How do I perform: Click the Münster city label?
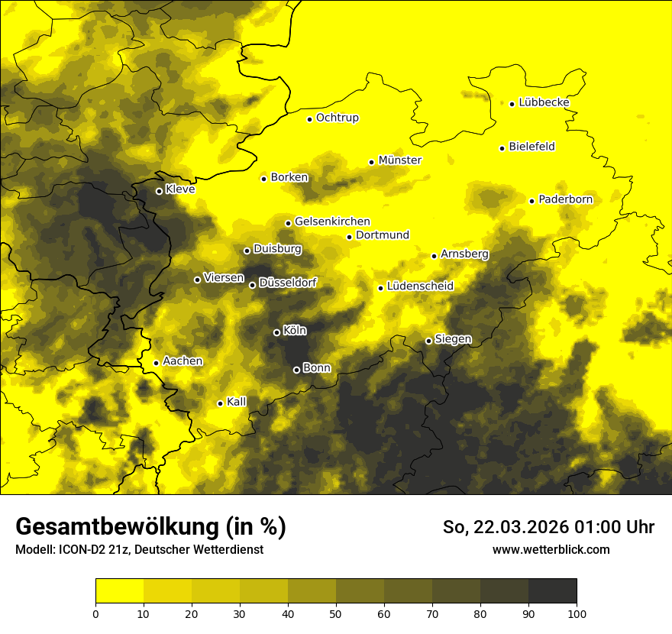click(x=400, y=160)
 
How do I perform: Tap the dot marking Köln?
click(x=276, y=332)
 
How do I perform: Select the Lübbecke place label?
click(x=544, y=102)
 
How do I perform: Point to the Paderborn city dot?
click(x=532, y=201)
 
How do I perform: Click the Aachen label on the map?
click(x=183, y=361)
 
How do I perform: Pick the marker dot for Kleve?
click(x=159, y=191)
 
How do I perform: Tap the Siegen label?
click(x=453, y=339)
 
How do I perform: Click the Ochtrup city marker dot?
click(x=309, y=119)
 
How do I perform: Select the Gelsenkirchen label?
click(x=332, y=222)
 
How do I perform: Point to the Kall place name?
click(x=237, y=402)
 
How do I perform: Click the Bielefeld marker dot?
click(x=502, y=148)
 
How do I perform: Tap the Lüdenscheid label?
click(x=420, y=286)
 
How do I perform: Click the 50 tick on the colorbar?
click(x=336, y=613)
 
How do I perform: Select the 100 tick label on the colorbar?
click(x=577, y=613)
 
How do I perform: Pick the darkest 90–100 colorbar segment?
click(x=552, y=590)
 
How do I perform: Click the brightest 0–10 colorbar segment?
click(x=119, y=590)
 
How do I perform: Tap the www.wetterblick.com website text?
click(x=551, y=549)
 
